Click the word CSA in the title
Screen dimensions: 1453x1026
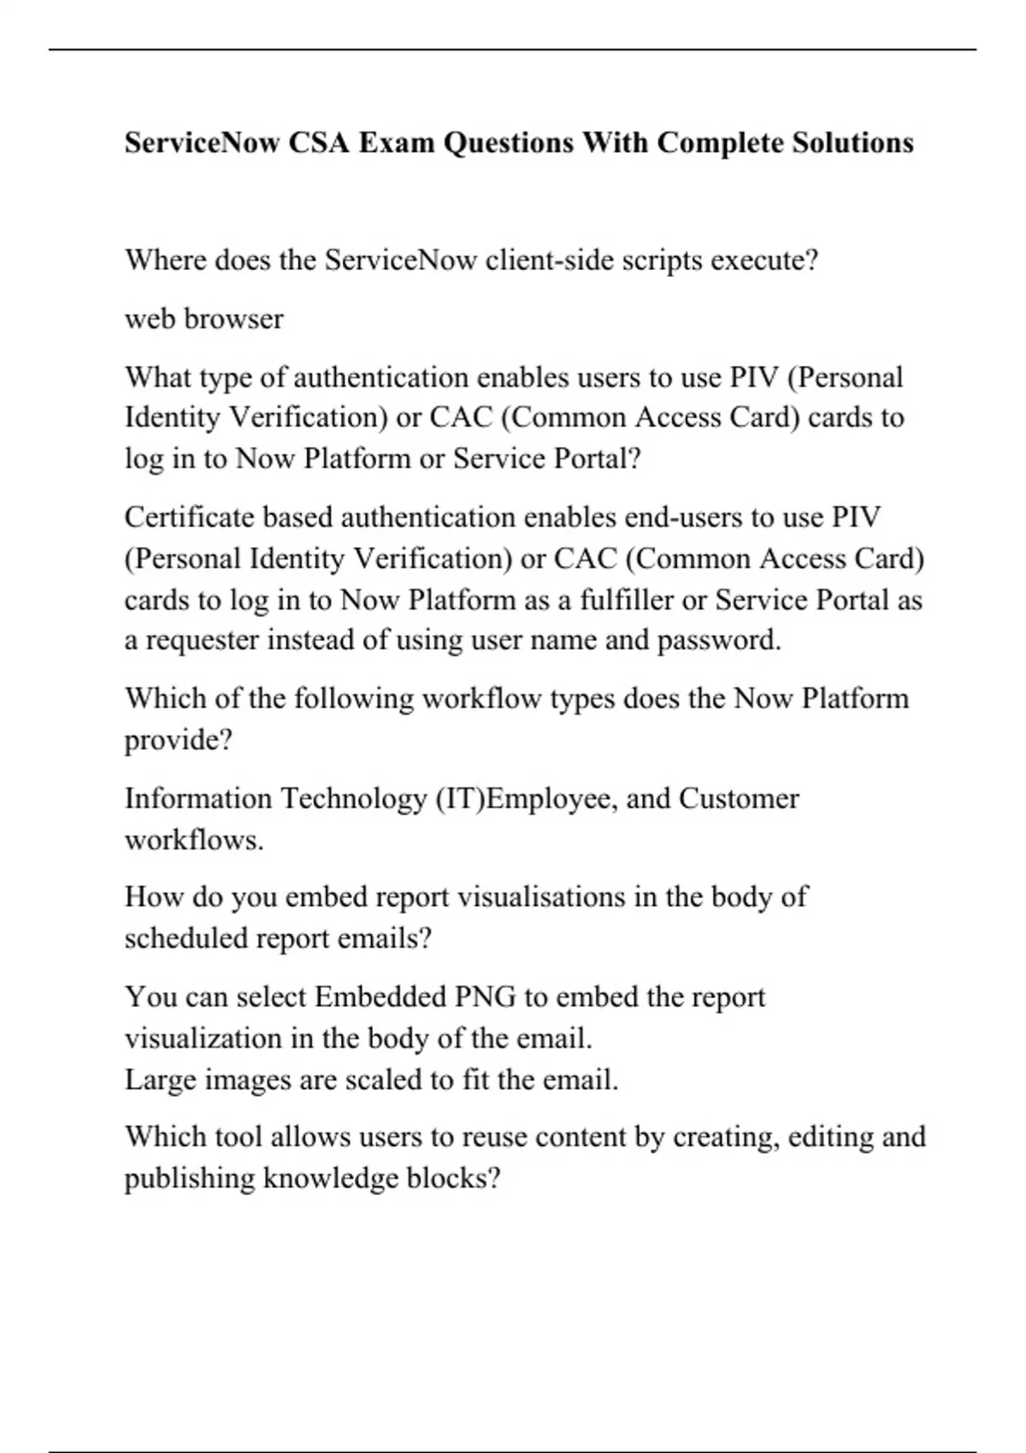click(x=318, y=142)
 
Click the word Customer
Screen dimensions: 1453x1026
click(x=739, y=798)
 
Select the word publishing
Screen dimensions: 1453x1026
click(x=190, y=1179)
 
